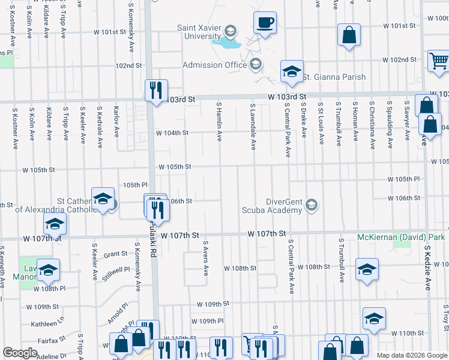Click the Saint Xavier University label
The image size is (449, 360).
coord(198,31)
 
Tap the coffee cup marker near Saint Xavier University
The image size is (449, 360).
coord(265,23)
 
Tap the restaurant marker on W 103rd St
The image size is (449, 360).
coord(155,91)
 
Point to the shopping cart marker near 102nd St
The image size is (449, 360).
coord(439,61)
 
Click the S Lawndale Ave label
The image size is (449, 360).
coord(253,126)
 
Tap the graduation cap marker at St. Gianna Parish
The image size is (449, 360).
coord(292,72)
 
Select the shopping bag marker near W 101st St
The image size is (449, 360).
coord(349,35)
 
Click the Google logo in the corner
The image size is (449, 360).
coord(20,353)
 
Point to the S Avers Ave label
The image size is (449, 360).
coord(205,259)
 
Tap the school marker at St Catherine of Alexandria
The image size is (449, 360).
coord(103,199)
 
